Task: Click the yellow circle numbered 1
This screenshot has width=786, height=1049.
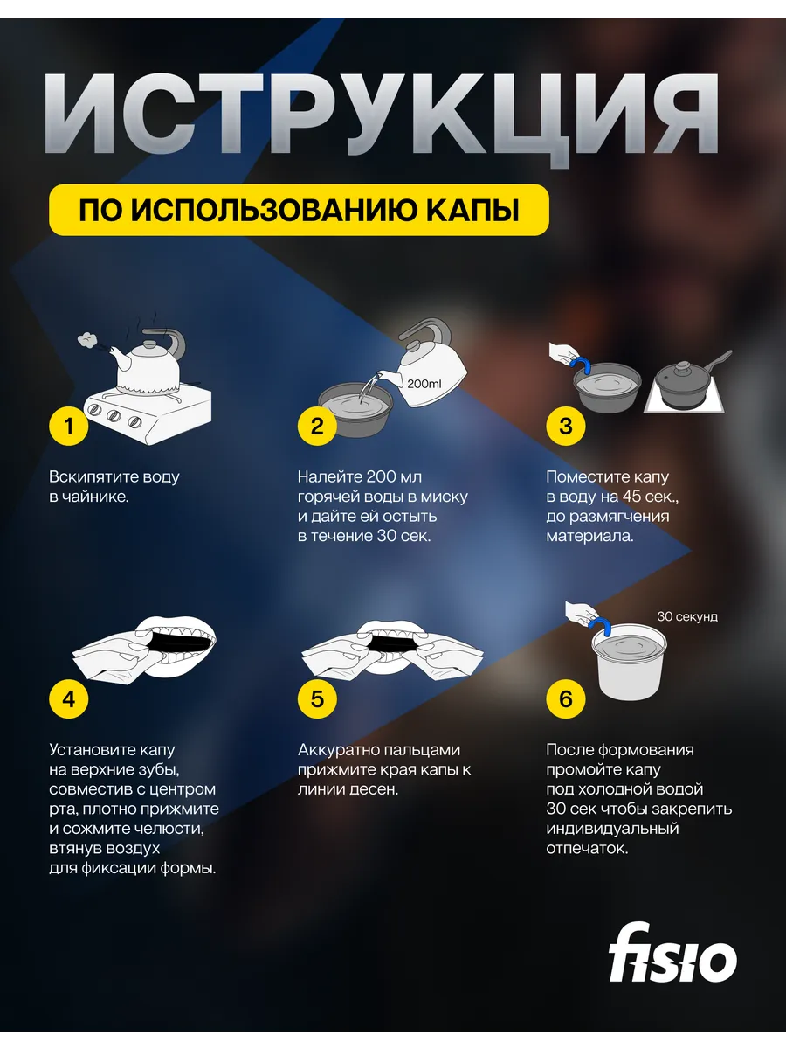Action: (69, 426)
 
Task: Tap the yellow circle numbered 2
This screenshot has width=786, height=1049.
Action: (317, 426)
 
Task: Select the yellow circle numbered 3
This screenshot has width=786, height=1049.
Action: (566, 426)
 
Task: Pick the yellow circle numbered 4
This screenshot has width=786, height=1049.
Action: (69, 698)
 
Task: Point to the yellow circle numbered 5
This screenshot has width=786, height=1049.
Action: (317, 698)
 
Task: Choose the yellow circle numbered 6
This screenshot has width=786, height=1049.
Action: (566, 698)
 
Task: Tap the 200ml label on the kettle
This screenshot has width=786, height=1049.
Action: (424, 384)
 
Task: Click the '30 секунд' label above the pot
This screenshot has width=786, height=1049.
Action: (687, 616)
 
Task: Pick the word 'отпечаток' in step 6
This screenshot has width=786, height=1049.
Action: (587, 849)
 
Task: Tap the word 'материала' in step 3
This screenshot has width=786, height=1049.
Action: (589, 536)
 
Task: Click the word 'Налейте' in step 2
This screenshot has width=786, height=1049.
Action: (329, 477)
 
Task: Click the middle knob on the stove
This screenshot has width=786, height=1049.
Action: (114, 416)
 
